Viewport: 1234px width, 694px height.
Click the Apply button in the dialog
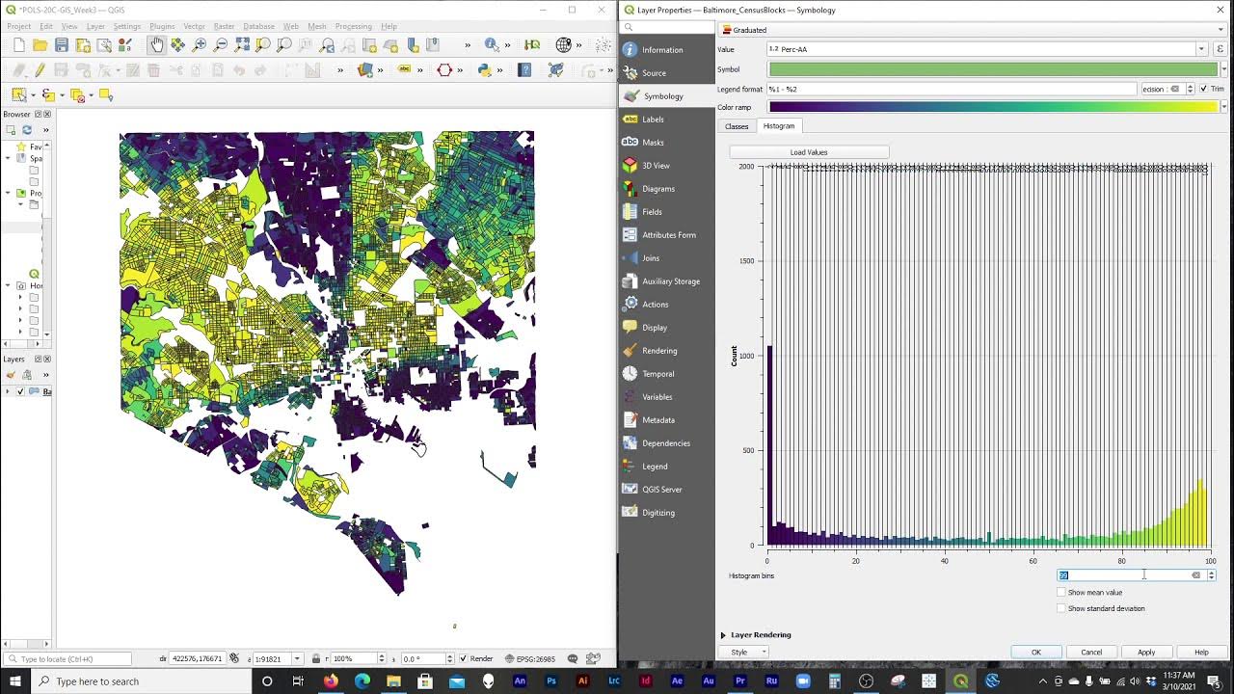1145,652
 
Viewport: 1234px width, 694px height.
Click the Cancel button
1090,652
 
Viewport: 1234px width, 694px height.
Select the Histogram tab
779,126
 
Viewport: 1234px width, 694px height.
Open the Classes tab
737,126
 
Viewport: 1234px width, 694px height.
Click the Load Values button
809,152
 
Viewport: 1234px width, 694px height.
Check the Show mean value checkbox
1061,592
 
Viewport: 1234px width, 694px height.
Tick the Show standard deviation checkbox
1061,608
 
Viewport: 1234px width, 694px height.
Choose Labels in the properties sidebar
653,120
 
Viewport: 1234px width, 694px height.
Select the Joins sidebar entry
651,258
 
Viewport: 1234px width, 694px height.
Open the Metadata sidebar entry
658,420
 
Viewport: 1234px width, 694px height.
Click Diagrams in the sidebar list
658,189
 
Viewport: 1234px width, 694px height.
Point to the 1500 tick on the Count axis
746,261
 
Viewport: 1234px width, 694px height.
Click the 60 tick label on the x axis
1033,561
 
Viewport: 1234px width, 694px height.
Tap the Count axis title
735,356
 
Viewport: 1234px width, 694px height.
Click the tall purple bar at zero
769,443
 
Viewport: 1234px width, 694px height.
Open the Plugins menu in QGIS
162,26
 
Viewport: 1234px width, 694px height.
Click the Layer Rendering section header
761,635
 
